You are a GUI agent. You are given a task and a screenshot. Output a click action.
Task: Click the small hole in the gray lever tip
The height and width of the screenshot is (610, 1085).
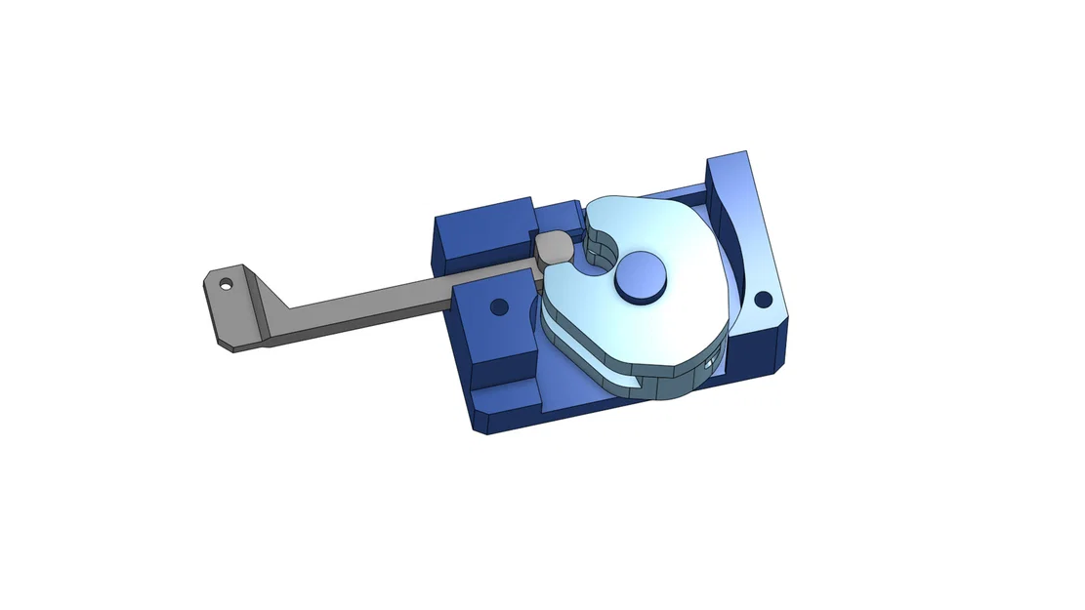pos(226,286)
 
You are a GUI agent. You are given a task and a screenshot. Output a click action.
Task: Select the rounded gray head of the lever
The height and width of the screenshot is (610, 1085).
pos(553,248)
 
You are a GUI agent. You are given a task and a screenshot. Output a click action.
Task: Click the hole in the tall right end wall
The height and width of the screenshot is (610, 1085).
pos(764,299)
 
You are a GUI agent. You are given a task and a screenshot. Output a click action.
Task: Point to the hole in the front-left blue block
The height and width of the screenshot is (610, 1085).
pos(499,306)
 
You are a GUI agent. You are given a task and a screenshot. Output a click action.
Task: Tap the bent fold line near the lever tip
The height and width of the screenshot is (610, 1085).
pos(256,303)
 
